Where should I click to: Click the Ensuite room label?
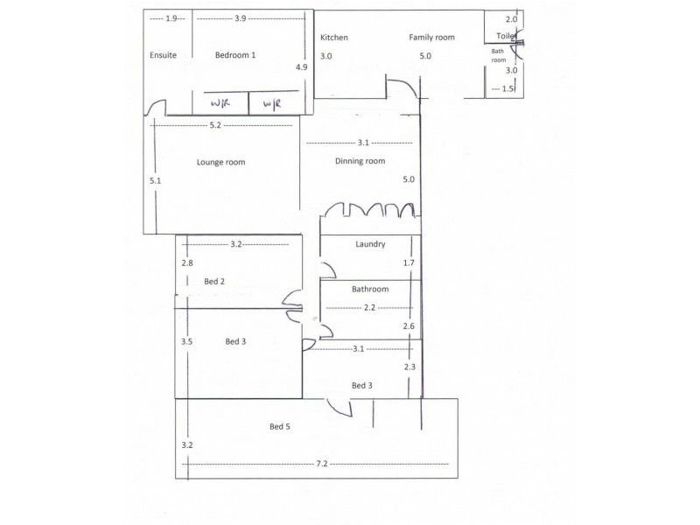163,55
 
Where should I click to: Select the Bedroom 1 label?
235,55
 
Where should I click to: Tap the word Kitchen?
334,38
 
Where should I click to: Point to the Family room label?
432,38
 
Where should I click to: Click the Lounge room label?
220,162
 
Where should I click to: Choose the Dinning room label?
360,161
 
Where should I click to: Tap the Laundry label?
370,244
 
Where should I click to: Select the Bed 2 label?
215,281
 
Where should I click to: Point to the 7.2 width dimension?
322,463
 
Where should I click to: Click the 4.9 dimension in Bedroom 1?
301,67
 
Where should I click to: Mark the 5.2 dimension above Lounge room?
215,126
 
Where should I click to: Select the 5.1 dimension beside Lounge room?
156,180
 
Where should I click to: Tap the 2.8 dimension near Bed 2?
186,262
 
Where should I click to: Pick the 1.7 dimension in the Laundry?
408,262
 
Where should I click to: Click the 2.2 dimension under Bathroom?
369,307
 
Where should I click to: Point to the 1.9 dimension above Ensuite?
171,18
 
